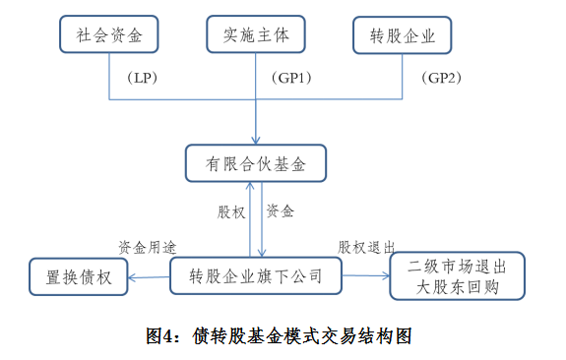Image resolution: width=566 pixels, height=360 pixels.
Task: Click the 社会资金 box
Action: (x=109, y=37)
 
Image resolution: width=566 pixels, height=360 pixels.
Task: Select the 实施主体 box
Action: (x=255, y=37)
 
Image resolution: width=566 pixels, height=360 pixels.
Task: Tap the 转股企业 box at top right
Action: (x=403, y=37)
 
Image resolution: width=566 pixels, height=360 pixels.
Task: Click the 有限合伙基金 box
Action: (x=255, y=163)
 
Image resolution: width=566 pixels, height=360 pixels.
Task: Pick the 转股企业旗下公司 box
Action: (x=256, y=276)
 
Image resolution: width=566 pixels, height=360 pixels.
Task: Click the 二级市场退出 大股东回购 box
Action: (x=457, y=276)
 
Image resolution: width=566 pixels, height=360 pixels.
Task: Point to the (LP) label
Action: (x=143, y=77)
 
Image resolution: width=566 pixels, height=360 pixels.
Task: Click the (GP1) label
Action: (x=290, y=77)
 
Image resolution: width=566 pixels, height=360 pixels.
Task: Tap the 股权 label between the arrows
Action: (x=231, y=211)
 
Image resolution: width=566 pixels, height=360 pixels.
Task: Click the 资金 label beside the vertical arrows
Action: (x=281, y=211)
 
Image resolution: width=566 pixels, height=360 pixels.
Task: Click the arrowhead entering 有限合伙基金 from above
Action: (x=256, y=140)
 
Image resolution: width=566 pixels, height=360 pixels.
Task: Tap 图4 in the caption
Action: (x=164, y=335)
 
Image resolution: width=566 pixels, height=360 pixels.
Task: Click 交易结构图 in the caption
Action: (x=373, y=335)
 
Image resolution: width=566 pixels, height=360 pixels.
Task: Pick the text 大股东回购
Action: (x=457, y=288)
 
